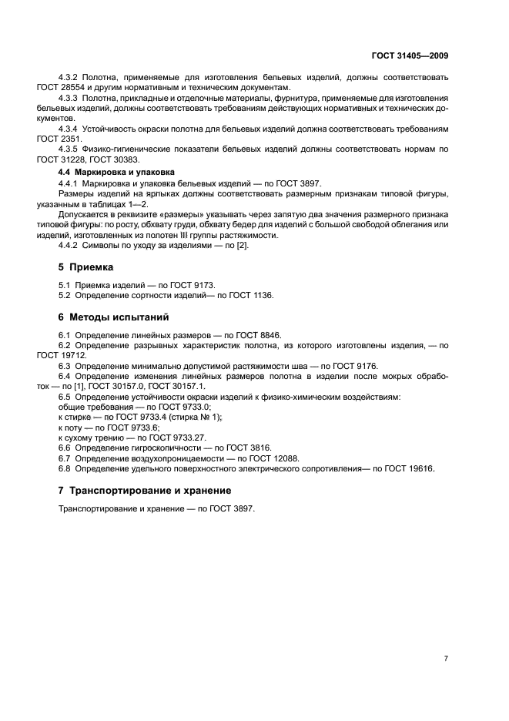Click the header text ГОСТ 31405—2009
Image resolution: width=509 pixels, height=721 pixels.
[410, 56]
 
